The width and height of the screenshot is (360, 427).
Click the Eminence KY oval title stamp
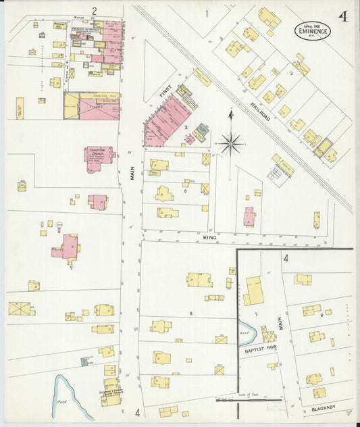tap(313, 30)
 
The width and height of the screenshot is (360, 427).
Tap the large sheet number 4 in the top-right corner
tap(343, 17)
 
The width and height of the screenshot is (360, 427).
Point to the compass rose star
tap(231, 143)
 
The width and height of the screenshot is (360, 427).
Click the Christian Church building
tap(99, 158)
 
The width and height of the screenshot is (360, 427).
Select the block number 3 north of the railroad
tap(291, 72)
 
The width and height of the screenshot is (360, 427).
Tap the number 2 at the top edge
tap(95, 11)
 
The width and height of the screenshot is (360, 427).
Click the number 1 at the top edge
tap(207, 12)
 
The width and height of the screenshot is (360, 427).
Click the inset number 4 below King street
tap(286, 258)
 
